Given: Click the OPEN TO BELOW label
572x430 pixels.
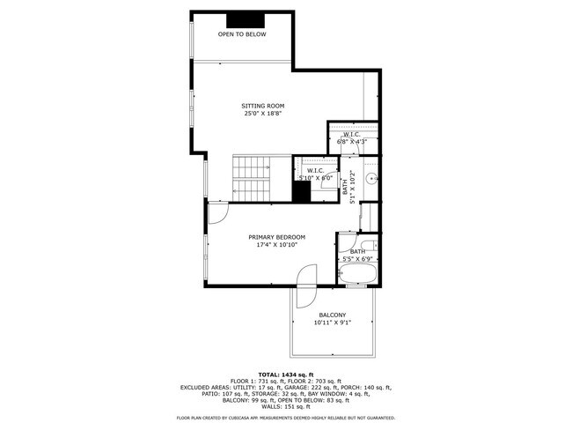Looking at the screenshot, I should (x=242, y=34).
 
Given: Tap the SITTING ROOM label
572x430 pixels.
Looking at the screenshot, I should (x=264, y=106).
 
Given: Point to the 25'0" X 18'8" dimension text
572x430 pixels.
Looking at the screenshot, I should (x=264, y=114).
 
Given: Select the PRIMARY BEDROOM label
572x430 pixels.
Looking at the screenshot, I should (x=276, y=237).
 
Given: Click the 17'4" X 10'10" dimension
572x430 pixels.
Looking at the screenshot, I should (x=276, y=245).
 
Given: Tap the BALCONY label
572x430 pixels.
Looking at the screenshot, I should (x=333, y=315).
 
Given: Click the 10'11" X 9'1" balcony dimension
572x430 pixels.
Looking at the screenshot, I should (x=333, y=322).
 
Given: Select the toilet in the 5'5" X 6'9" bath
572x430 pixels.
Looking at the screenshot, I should (x=370, y=244).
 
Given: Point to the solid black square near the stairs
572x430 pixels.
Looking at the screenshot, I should (x=302, y=191).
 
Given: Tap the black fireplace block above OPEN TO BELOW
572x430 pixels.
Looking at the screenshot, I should (x=240, y=21).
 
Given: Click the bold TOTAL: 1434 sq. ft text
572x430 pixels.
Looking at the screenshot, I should (x=286, y=374).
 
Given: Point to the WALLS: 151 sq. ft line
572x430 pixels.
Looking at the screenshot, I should (x=286, y=406).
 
